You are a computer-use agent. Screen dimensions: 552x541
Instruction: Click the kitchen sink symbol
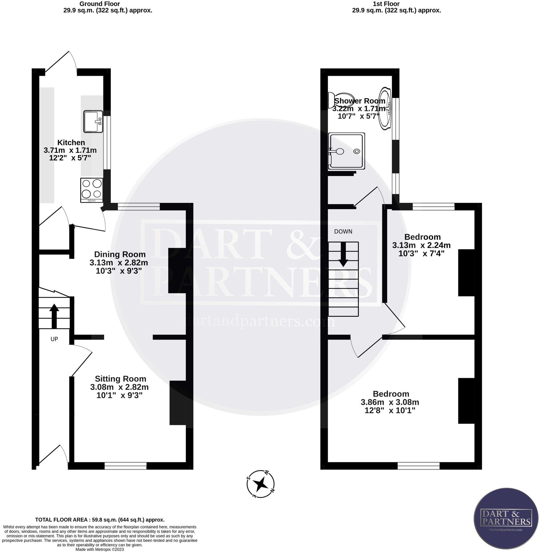(93, 121)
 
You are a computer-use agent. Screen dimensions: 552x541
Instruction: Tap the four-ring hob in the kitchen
(92, 190)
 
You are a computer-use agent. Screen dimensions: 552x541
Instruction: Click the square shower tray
(346, 151)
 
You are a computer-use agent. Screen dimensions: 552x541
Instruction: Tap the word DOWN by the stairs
(343, 232)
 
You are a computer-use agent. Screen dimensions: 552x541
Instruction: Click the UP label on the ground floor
(54, 339)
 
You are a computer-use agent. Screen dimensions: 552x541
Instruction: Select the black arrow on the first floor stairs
(343, 254)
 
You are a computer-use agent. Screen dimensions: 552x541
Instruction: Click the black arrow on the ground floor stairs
(54, 315)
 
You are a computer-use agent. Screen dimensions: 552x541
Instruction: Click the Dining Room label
(120, 254)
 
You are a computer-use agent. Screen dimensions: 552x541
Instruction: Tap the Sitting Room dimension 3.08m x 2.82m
(119, 387)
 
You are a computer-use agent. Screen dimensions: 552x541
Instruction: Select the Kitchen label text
(71, 142)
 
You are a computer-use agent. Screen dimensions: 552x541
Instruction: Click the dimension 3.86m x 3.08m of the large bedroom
(390, 402)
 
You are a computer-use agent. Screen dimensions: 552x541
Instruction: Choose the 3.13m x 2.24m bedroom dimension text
(421, 245)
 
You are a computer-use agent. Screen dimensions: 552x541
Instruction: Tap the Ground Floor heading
(99, 4)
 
